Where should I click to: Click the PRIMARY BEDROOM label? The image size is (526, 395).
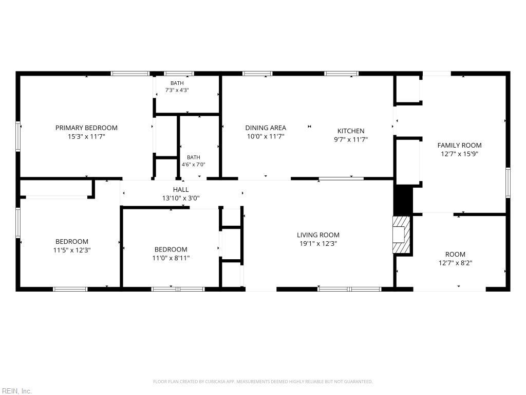[86, 128]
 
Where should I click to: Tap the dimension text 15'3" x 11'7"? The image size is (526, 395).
[86, 137]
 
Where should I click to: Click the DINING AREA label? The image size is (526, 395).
[266, 128]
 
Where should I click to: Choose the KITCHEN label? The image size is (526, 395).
[351, 131]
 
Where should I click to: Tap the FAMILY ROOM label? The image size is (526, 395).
[460, 145]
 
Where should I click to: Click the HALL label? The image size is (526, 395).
[181, 189]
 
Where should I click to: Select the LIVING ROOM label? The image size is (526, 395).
[318, 235]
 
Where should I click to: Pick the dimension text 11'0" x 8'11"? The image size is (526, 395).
[171, 258]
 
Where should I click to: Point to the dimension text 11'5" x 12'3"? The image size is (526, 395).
[72, 250]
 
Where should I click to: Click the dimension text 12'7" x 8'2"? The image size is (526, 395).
[455, 263]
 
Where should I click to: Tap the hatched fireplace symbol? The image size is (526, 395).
[402, 235]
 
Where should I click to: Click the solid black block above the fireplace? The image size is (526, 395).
[403, 200]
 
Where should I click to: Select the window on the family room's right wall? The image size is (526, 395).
[508, 183]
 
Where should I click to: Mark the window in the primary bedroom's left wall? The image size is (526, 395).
[18, 136]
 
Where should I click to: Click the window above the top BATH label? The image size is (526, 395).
[179, 74]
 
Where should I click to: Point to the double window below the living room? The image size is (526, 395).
[349, 289]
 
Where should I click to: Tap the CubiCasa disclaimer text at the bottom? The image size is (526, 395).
[262, 382]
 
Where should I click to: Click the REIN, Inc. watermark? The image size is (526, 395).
[16, 391]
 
